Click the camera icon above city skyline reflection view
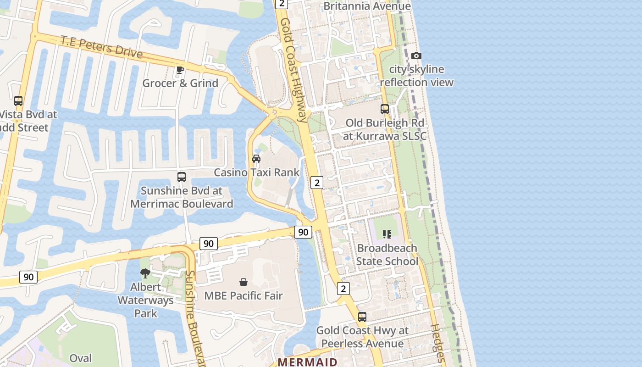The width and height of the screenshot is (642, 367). pos(416,56)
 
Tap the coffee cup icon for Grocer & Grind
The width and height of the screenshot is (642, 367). pos(180,70)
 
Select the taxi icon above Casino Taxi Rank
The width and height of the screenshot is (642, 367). pos(256,159)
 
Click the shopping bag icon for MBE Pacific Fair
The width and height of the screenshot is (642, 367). pos(244,282)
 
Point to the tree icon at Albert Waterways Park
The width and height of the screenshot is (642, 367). pos(145,274)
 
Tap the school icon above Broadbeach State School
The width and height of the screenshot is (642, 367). pos(387,234)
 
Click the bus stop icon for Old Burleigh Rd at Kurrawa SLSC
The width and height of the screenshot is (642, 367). pos(385,109)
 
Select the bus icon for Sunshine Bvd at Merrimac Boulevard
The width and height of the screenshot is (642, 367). pos(182,177)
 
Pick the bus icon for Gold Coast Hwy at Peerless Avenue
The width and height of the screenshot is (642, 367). pos(362,317)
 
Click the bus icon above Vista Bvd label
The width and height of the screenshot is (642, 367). pos(18,101)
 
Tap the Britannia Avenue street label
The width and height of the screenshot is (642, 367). pos(367,6)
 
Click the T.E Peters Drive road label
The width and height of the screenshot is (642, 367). pos(101,46)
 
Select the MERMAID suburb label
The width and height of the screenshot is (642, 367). pos(308,362)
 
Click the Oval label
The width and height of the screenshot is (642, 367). pos(80,358)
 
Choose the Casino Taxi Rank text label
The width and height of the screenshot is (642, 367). pos(256,172)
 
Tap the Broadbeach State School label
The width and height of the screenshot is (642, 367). pos(387,255)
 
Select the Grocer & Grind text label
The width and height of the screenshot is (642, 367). pos(180,83)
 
